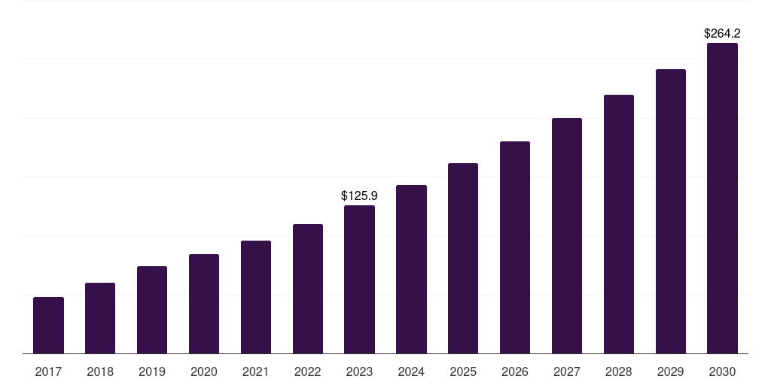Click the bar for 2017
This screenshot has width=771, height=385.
(48, 325)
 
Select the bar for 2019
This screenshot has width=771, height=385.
(152, 310)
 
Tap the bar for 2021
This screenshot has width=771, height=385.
(256, 297)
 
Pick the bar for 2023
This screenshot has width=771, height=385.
(359, 279)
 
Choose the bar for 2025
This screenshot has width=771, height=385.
(463, 258)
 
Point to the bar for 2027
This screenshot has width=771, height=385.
(567, 235)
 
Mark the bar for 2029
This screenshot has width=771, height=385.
(671, 211)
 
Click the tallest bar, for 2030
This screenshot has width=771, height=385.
(722, 198)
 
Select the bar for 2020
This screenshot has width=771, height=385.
(204, 304)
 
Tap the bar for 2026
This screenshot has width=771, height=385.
(515, 247)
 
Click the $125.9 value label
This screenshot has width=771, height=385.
(359, 196)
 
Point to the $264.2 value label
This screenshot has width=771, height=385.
(722, 33)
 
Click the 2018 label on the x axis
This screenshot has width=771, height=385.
(100, 371)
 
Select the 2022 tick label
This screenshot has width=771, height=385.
(308, 371)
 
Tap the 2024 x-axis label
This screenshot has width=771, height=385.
(411, 371)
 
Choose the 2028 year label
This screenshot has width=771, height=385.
(619, 371)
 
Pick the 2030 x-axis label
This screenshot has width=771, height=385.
(722, 371)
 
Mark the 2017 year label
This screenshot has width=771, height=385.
(48, 371)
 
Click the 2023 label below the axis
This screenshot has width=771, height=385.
(359, 371)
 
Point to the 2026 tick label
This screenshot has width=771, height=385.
(515, 371)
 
